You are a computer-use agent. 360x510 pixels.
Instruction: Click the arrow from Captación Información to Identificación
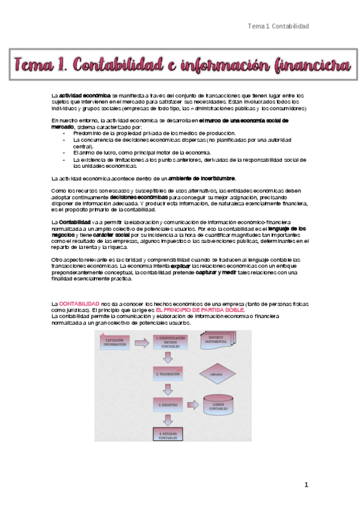point(142,343)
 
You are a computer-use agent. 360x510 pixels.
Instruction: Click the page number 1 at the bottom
point(306,485)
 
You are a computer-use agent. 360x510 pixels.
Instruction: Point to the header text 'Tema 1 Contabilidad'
point(278,26)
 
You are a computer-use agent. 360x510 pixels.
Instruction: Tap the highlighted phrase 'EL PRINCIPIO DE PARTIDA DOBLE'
point(200,310)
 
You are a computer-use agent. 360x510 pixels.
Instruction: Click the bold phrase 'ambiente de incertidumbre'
point(203,179)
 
